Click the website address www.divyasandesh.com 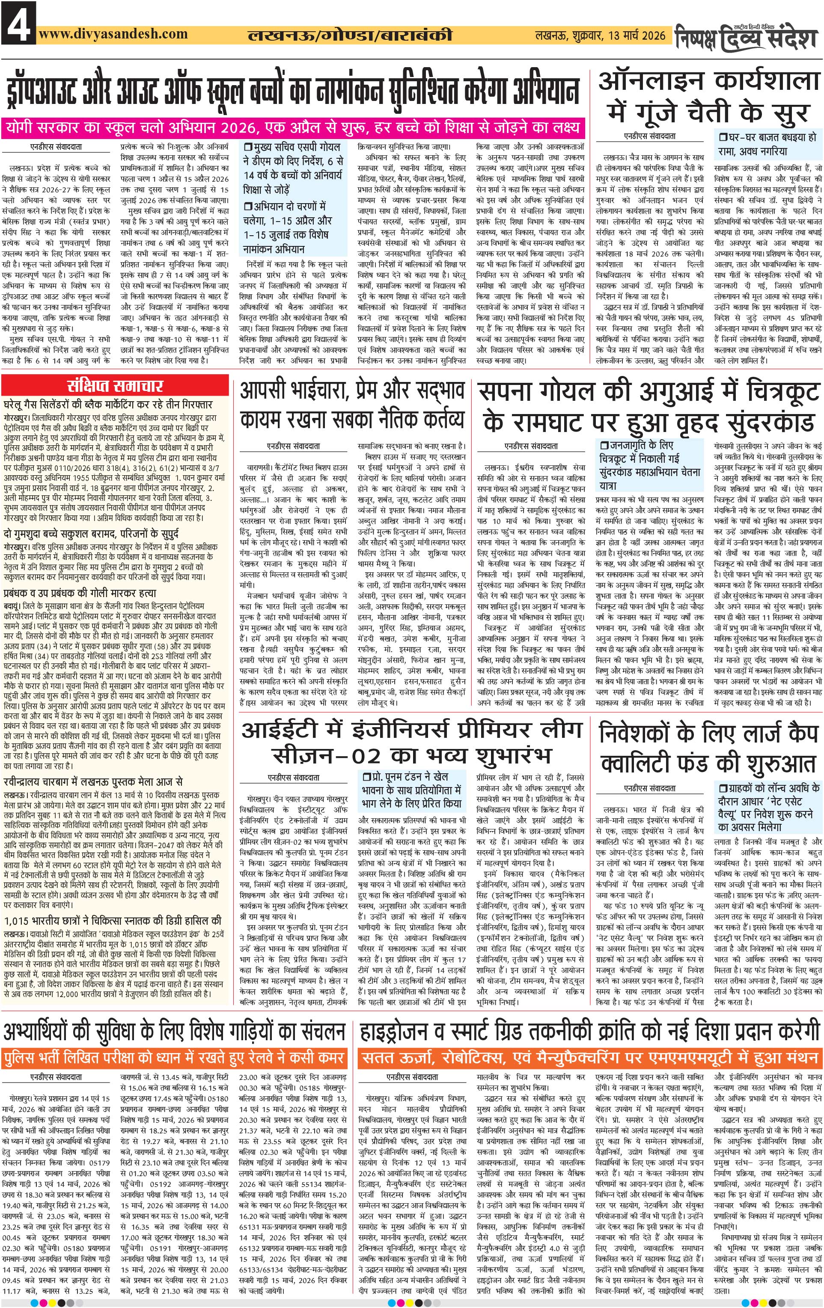pos(113,34)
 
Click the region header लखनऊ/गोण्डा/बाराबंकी pos(349,36)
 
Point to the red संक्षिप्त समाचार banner pos(115,386)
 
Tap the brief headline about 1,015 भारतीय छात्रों pos(113,921)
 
